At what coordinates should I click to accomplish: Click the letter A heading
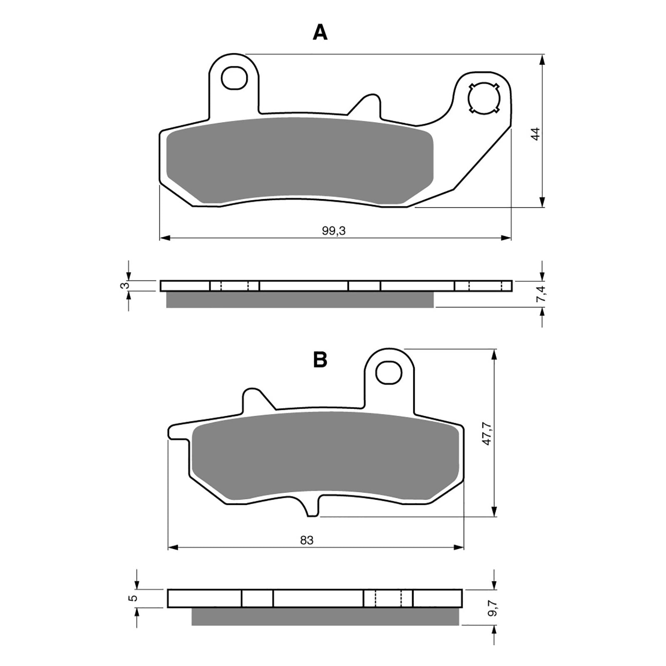pyautogui.click(x=320, y=32)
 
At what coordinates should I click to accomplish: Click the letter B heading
pyautogui.click(x=320, y=360)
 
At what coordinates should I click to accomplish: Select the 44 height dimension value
pyautogui.click(x=536, y=134)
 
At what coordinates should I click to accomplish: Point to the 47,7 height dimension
pyautogui.click(x=487, y=434)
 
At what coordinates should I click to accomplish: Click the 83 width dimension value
pyautogui.click(x=306, y=540)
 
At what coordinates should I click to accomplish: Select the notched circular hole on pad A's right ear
pyautogui.click(x=483, y=99)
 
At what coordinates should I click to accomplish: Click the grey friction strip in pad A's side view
pyautogui.click(x=300, y=300)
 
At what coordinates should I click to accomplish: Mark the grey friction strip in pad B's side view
pyautogui.click(x=325, y=616)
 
